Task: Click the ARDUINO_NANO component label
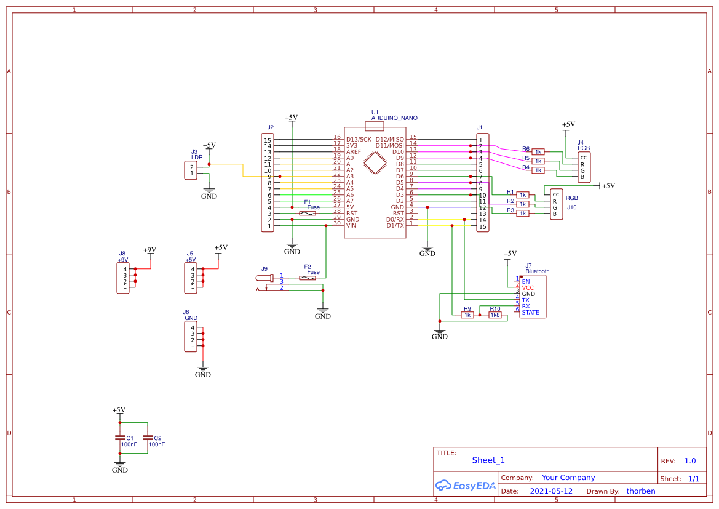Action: [x=394, y=117]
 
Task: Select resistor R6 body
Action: [x=538, y=151]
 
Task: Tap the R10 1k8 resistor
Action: [x=495, y=315]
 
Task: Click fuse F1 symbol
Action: [x=308, y=213]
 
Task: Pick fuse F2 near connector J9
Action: [x=308, y=278]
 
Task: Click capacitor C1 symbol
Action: [x=120, y=438]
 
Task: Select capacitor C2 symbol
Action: [x=148, y=438]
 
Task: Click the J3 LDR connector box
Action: [x=191, y=170]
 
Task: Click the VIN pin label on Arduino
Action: [x=351, y=225]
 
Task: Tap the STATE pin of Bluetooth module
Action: [x=530, y=313]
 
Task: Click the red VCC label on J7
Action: [x=528, y=287]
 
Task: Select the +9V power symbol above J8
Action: [x=149, y=250]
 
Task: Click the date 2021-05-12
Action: [x=551, y=491]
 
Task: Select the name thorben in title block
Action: [x=640, y=491]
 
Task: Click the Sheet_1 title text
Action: [x=488, y=460]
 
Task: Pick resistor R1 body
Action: [x=523, y=194]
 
